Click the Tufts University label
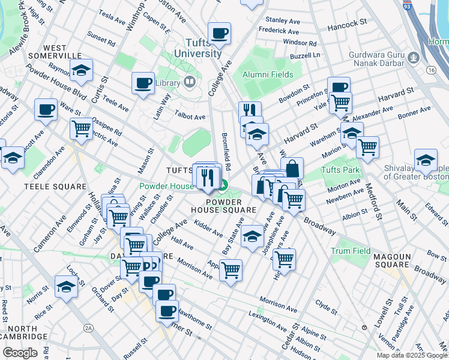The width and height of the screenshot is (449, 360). point(197,48)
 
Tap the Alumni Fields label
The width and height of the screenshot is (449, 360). point(268,74)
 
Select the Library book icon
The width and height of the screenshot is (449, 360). point(190,82)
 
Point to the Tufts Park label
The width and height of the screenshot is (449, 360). point(340,170)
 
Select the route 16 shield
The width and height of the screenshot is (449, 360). point(430,70)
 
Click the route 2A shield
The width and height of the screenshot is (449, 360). point(89,328)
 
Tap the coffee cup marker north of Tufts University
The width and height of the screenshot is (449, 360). point(219,33)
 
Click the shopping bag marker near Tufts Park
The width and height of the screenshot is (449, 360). point(292,168)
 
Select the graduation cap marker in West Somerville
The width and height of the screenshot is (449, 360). point(81,70)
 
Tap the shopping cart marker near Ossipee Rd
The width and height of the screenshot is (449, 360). point(81,128)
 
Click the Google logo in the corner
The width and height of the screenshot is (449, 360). point(20,352)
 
